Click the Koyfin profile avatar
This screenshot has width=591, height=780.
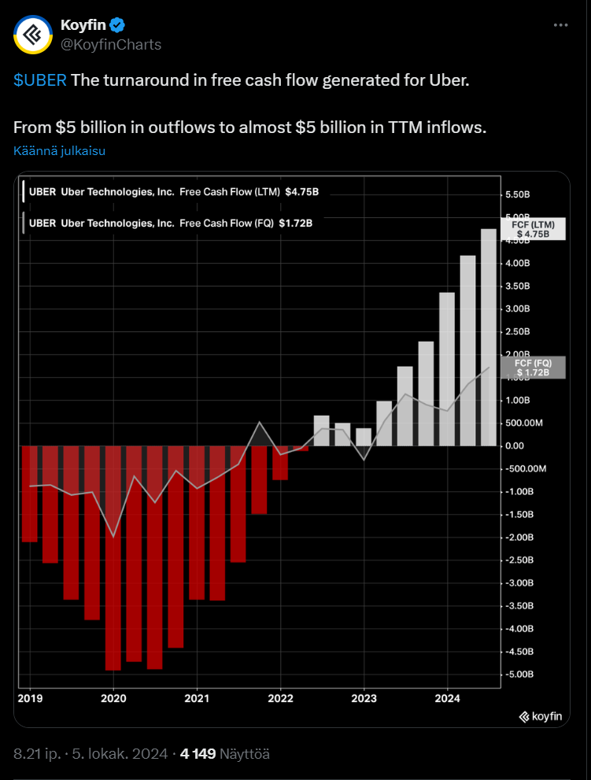point(33,34)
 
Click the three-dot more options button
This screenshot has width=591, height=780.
point(560,25)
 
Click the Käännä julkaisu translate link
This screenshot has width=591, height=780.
point(60,151)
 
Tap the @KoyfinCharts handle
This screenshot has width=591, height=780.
point(111,44)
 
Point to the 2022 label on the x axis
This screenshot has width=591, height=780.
point(281,697)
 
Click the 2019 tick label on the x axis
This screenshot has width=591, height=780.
point(30,697)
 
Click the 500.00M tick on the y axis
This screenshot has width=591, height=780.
point(523,423)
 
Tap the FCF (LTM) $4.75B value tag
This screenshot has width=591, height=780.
point(534,229)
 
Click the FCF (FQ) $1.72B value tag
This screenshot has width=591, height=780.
point(534,367)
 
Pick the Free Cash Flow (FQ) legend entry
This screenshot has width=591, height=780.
point(170,223)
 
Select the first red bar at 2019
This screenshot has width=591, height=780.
point(30,494)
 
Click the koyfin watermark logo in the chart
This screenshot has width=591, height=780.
point(540,716)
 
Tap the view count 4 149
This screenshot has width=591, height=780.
point(198,754)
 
